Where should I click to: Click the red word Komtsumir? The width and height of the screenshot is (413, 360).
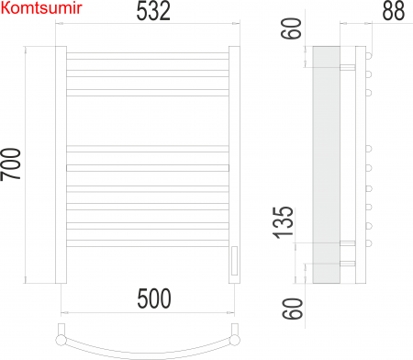click(42, 8)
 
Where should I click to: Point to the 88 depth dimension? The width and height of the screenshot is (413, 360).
click(393, 12)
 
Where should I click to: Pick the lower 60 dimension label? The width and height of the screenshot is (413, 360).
click(292, 308)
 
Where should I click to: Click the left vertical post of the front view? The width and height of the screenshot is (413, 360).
click(62, 165)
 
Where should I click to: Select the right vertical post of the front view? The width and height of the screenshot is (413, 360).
click(233, 165)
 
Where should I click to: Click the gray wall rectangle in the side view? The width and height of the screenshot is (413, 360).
click(326, 165)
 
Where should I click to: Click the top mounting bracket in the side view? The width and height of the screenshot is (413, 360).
click(348, 68)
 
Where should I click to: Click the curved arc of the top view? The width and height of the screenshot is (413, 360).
click(148, 350)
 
